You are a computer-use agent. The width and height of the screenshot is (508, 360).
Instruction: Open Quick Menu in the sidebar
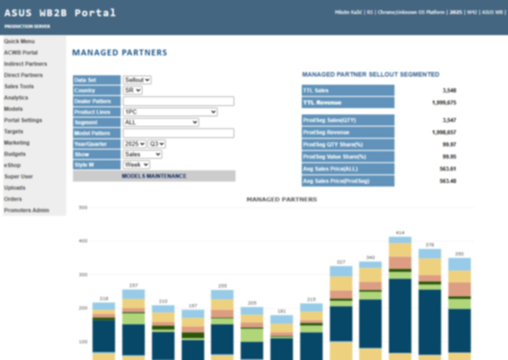(x=19, y=41)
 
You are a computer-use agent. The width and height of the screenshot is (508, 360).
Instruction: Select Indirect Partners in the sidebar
(x=25, y=64)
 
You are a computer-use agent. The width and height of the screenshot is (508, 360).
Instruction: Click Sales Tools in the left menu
(x=19, y=86)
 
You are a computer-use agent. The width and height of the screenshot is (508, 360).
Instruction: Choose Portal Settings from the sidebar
(x=23, y=119)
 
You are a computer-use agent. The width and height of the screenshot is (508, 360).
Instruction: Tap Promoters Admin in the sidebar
(x=26, y=209)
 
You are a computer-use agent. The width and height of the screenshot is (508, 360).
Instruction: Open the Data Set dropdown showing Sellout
(x=137, y=80)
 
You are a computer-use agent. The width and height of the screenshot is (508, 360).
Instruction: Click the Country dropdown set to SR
(x=133, y=90)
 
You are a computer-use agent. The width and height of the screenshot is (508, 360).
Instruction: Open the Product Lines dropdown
(x=169, y=111)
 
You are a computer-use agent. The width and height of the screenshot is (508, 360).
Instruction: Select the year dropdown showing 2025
(x=135, y=144)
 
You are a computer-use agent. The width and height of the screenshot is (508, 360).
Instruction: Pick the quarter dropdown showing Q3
(x=157, y=144)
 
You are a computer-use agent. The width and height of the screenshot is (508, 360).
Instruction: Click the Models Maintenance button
(x=154, y=175)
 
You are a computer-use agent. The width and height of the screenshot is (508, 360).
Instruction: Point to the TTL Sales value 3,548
(x=449, y=90)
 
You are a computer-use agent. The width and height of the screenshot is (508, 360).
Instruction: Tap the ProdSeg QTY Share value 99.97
(x=450, y=144)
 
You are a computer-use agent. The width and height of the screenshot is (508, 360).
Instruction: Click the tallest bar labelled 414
(x=400, y=296)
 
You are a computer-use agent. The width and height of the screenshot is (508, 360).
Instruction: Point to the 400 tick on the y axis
(x=84, y=241)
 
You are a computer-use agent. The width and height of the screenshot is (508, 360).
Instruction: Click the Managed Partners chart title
(x=281, y=199)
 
